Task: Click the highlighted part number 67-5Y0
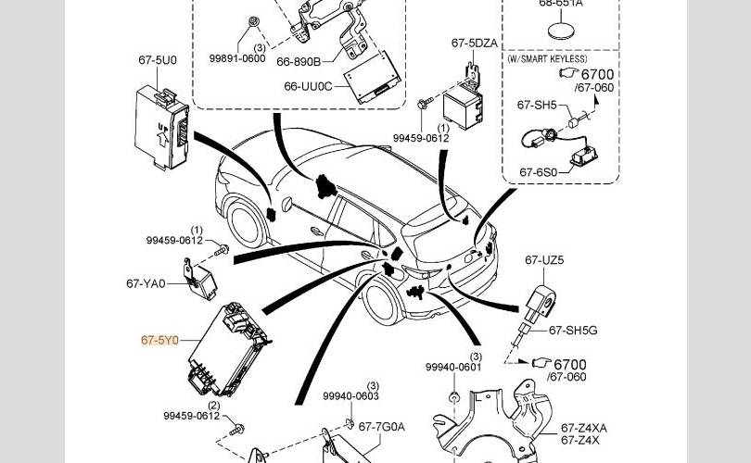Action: pos(159,341)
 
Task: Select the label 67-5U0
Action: pos(158,60)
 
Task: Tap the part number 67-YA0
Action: pos(146,283)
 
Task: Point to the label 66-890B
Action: pos(298,62)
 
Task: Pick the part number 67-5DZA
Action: pos(475,43)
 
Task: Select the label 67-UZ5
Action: pos(544,261)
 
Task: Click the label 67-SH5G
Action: pos(573,330)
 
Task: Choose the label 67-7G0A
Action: pos(382,427)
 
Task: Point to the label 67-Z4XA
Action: pos(584,428)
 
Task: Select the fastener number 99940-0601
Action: pos(454,367)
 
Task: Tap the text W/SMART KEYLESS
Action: pos(546,58)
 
